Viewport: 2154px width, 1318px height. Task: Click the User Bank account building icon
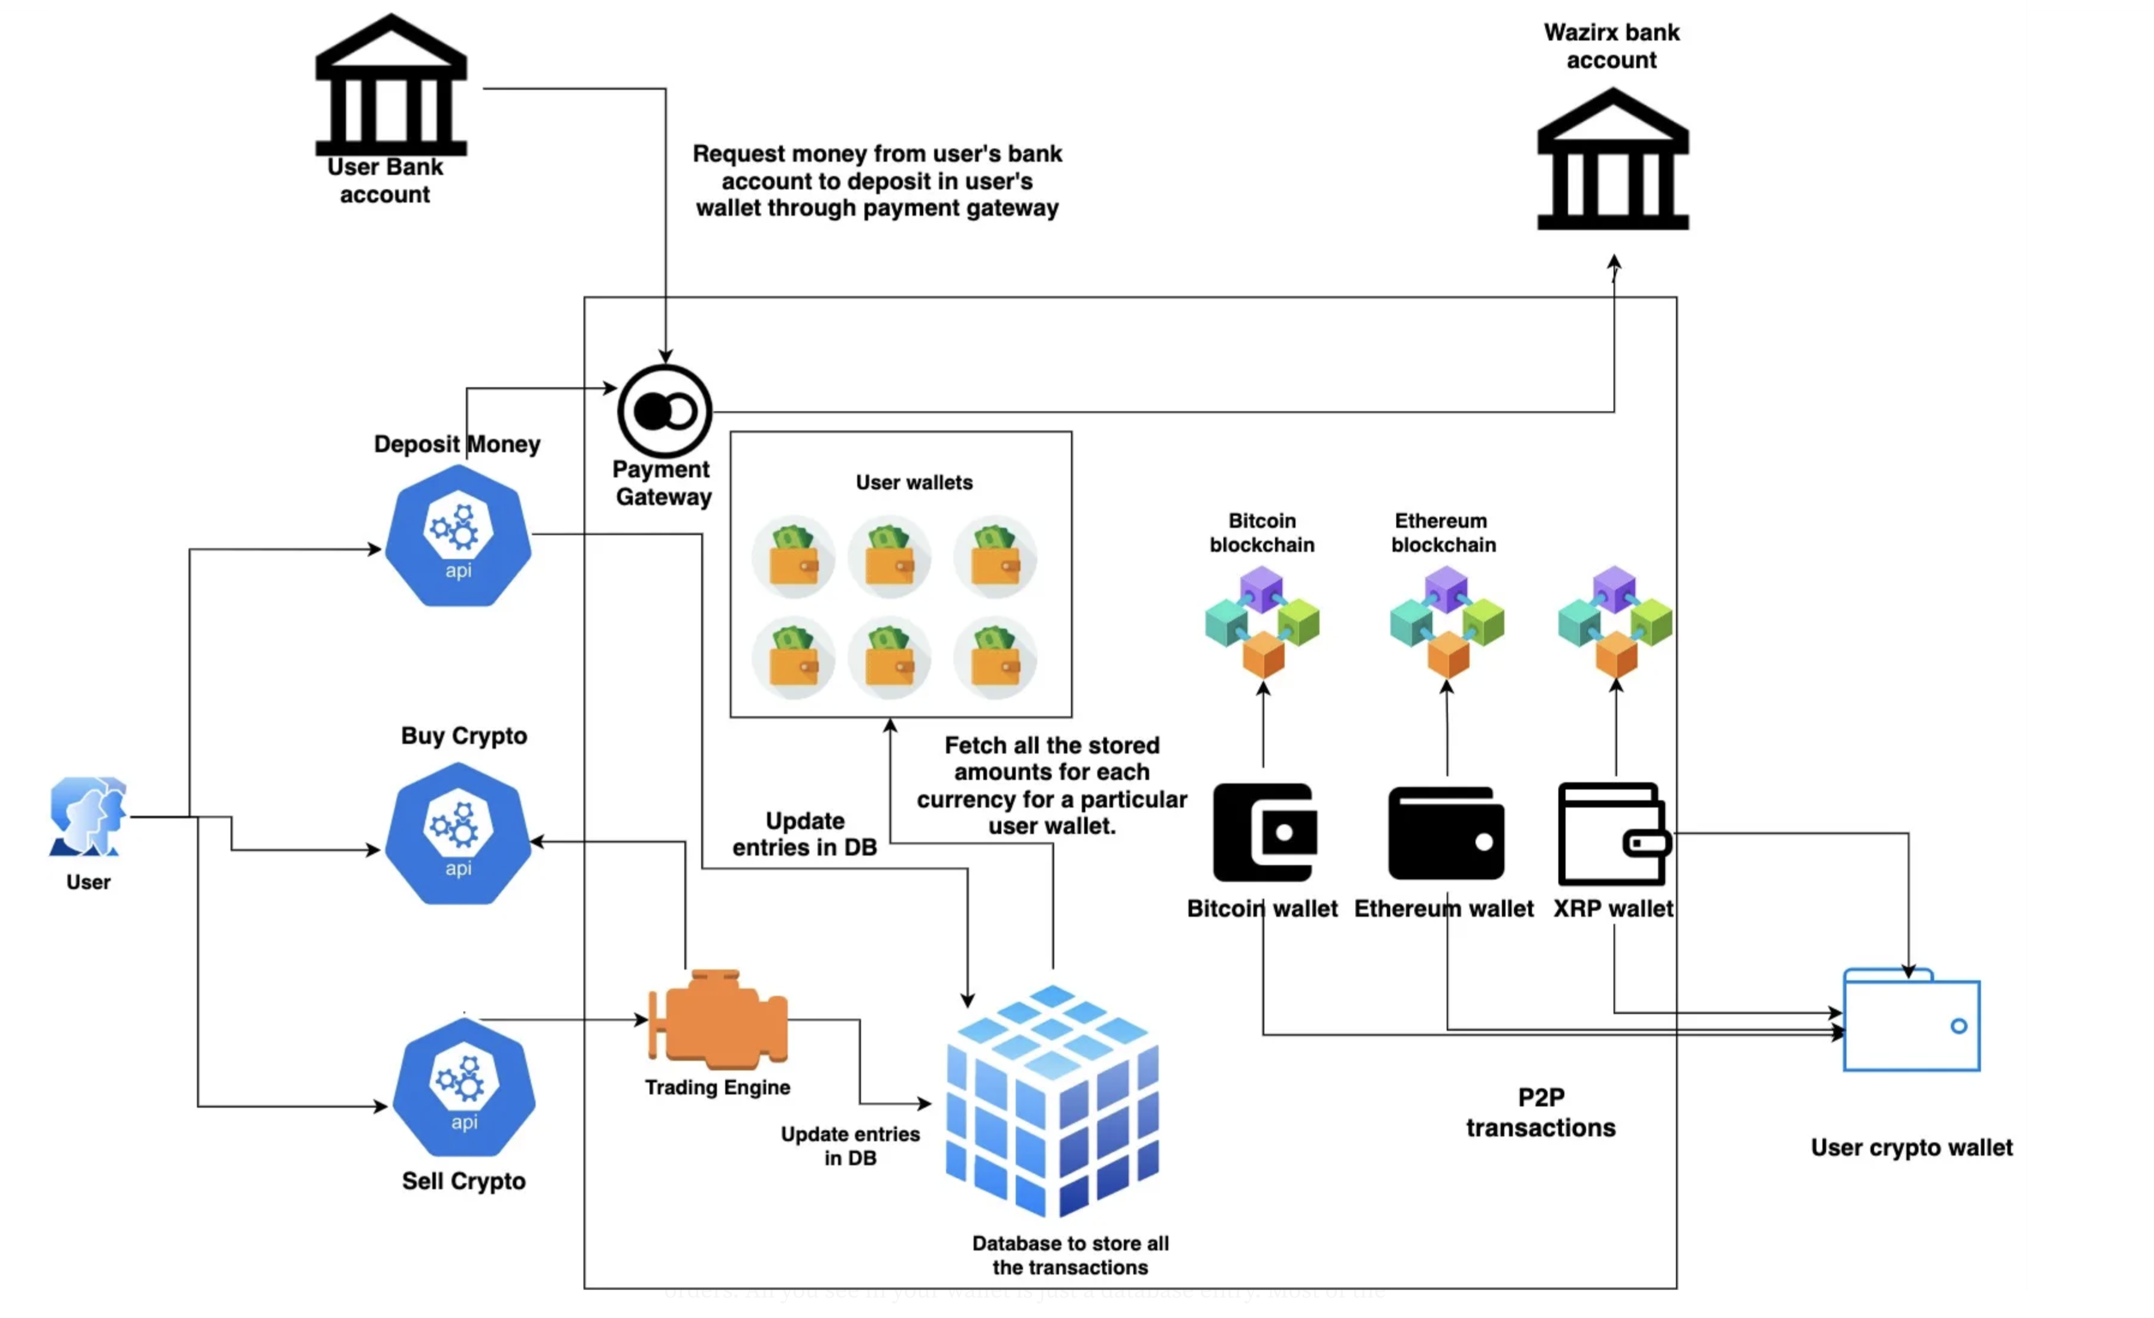tap(391, 85)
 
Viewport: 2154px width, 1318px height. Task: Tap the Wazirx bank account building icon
tap(1613, 159)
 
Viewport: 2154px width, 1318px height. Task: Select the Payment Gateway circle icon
tap(665, 411)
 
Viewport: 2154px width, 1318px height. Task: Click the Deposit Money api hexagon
tap(458, 535)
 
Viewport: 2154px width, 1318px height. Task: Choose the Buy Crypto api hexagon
tap(458, 833)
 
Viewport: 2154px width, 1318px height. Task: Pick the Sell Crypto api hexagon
tap(463, 1088)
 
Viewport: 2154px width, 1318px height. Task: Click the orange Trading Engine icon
tap(719, 1019)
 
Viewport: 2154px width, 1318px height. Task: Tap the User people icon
tap(88, 816)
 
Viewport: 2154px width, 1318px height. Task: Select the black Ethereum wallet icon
tap(1446, 834)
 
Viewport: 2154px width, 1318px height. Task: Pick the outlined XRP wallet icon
tap(1614, 834)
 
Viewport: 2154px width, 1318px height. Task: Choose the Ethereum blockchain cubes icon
tap(1447, 621)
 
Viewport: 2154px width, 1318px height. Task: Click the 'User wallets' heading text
tap(914, 483)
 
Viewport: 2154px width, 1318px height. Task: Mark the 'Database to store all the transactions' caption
tap(1070, 1255)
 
